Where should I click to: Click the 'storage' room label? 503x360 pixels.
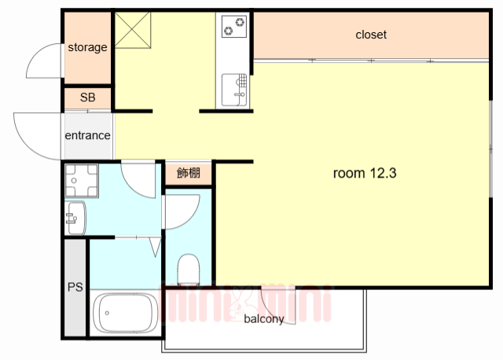pos(87,47)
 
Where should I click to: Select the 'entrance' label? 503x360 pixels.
pos(87,135)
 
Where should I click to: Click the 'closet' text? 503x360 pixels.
pos(371,35)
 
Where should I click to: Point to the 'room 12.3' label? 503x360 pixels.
pos(364,173)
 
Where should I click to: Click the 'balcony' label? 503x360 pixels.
pos(263,319)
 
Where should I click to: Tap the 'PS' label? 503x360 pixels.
pos(75,288)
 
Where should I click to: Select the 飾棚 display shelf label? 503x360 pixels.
pos(188,173)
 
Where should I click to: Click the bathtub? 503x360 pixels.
pos(124,312)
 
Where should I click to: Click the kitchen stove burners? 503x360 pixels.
pos(234,27)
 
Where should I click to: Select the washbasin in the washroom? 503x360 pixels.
pos(75,217)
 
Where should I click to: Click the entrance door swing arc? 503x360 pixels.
pos(35,134)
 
